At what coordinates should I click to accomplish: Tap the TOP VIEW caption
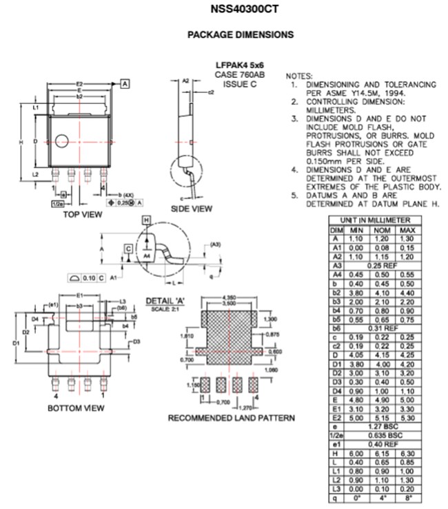[82, 214]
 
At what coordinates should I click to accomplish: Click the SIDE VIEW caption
[192, 209]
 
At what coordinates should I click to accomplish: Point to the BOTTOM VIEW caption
[76, 408]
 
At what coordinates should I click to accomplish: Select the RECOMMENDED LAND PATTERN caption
[232, 417]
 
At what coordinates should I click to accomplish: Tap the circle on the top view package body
[61, 141]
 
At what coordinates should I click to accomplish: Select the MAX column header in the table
[407, 229]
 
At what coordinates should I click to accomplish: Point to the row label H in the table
[336, 453]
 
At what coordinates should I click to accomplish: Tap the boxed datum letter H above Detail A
[145, 219]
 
